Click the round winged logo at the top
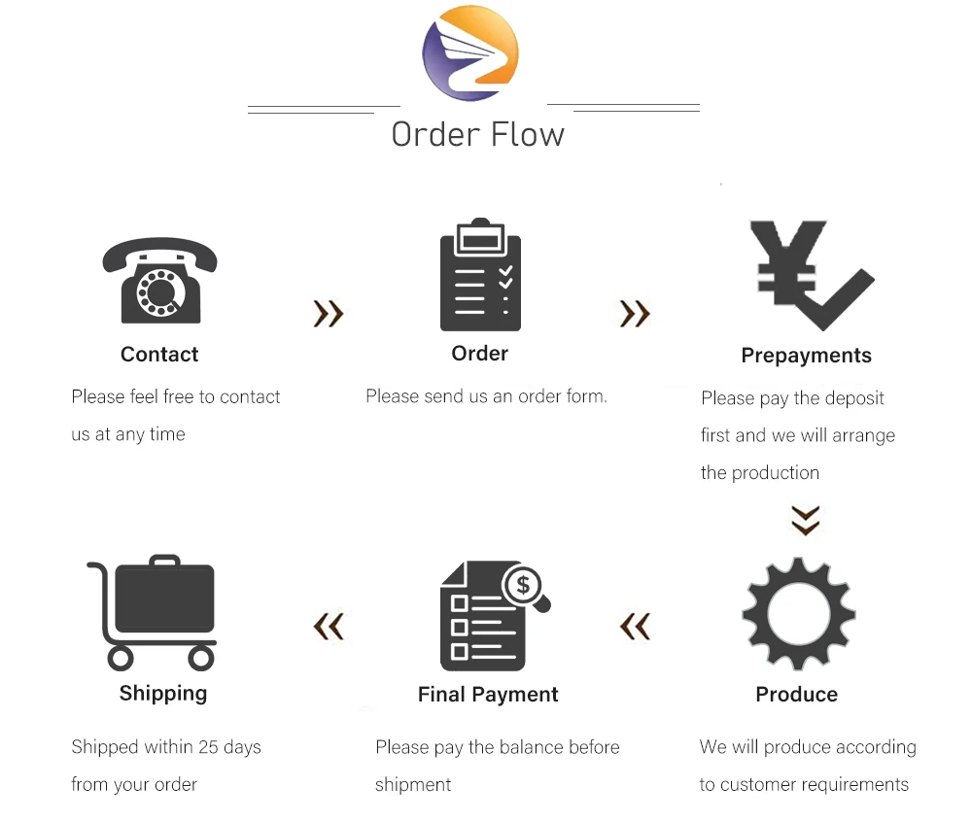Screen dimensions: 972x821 (x=470, y=52)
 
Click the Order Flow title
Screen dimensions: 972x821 (x=477, y=134)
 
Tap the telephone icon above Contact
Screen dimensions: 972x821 (x=160, y=281)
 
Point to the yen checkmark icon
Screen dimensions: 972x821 (x=811, y=276)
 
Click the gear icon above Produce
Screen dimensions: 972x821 (x=798, y=614)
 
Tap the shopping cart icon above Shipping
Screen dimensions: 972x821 (x=156, y=613)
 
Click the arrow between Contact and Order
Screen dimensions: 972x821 (x=329, y=313)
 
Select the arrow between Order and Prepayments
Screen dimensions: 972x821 (x=635, y=313)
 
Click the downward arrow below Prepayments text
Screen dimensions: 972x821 (x=805, y=520)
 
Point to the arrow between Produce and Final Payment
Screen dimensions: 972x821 (x=635, y=627)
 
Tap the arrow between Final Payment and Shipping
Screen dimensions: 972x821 (x=329, y=627)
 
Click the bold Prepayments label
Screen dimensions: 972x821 (x=806, y=356)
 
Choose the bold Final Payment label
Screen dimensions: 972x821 (x=488, y=695)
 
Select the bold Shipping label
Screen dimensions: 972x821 (x=163, y=694)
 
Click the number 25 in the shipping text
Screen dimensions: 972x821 (x=208, y=747)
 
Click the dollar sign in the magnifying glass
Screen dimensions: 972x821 (x=524, y=584)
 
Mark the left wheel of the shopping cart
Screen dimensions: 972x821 (x=121, y=659)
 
